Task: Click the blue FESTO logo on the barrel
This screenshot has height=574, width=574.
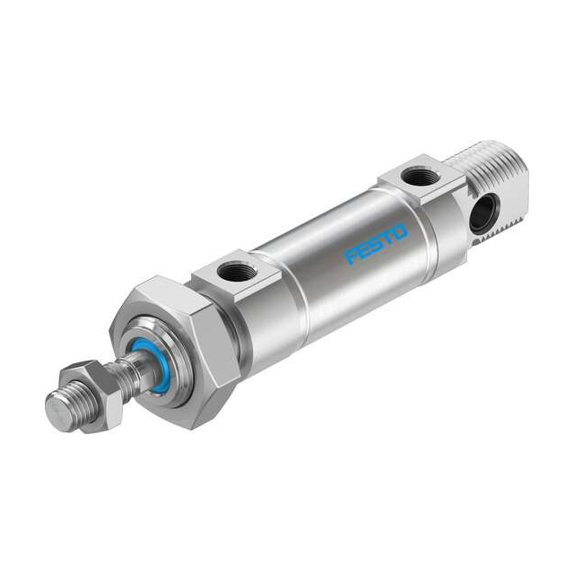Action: pos(377,245)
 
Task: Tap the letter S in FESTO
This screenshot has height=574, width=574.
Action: pos(377,245)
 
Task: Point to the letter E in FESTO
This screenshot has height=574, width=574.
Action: pos(365,251)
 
